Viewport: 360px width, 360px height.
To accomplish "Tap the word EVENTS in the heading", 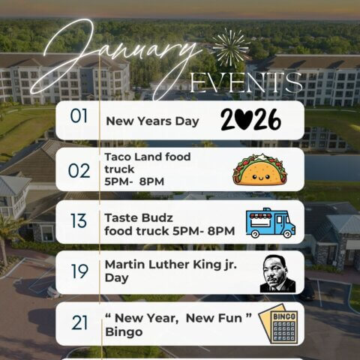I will coord(247,82).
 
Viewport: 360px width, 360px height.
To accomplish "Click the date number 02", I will coord(79,170).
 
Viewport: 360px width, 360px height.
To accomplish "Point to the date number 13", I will coord(79,223).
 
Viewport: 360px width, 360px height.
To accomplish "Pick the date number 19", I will coord(79,271).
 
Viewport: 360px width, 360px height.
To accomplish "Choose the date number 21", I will coord(80,323).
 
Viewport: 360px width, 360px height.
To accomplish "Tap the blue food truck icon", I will coord(271,223).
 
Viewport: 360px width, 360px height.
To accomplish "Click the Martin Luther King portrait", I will coord(277,272).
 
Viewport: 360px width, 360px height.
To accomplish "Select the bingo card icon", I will coord(278,323).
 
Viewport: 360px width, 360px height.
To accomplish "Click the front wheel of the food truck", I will coord(283,233).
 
